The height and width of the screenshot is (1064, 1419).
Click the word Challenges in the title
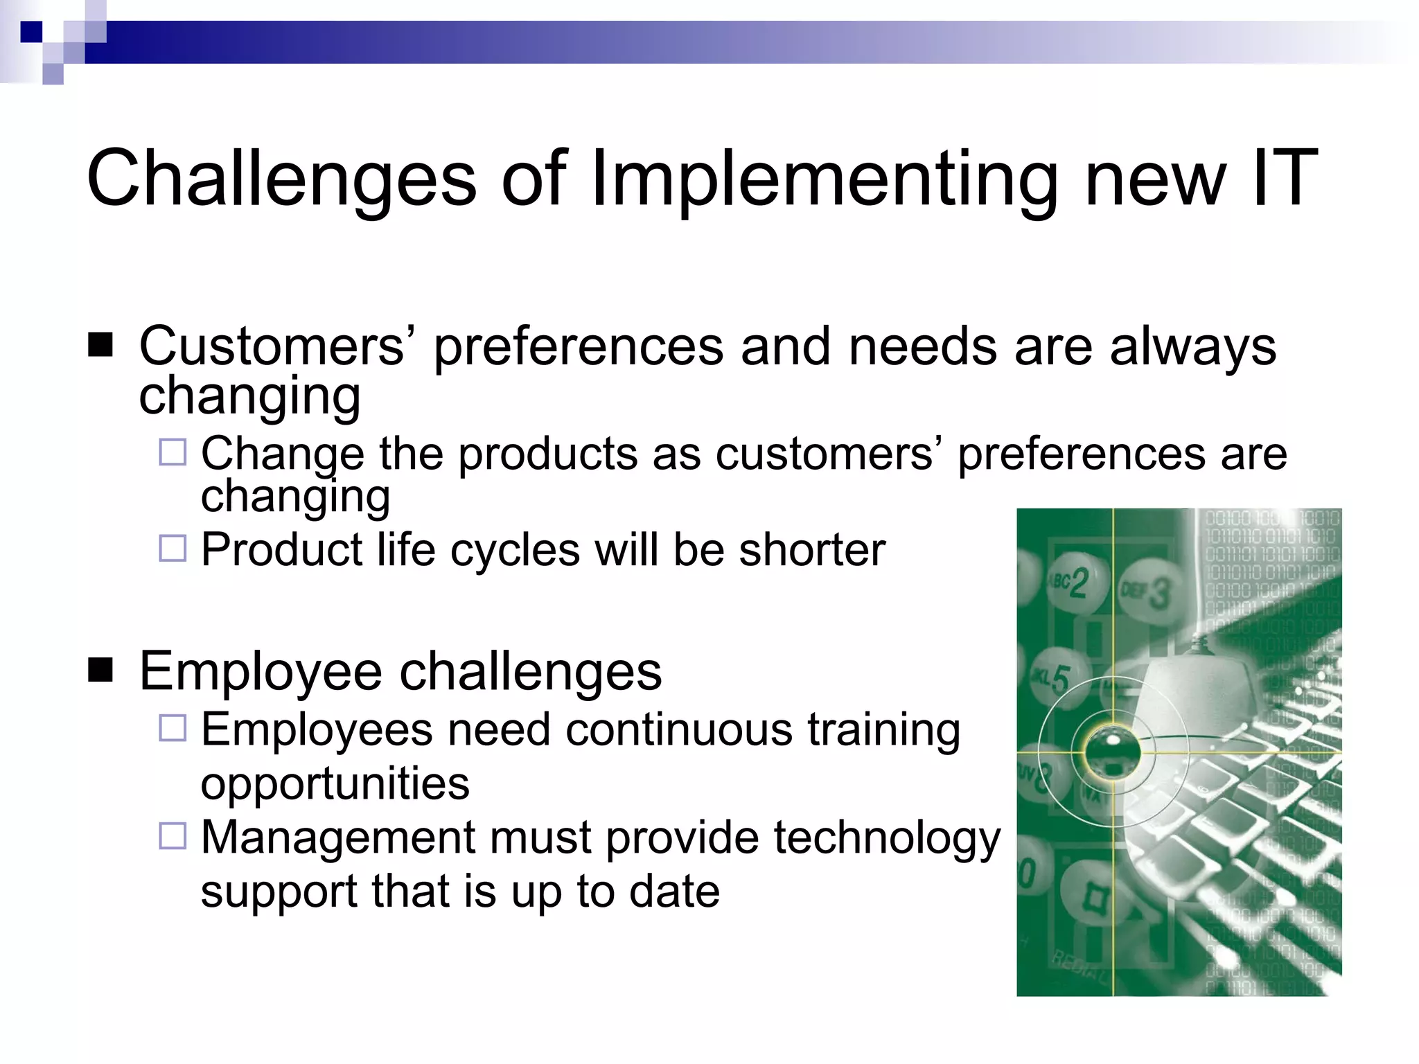281,179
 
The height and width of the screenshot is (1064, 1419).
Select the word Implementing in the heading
824,179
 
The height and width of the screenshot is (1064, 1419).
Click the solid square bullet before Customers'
101,344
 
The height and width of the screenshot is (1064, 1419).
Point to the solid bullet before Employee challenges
101,670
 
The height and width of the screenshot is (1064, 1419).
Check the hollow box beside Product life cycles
173,549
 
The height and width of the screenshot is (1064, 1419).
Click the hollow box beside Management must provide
173,836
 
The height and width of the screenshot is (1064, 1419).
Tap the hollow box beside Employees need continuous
173,728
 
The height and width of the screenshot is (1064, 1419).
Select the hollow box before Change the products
173,452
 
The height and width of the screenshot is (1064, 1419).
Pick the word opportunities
335,784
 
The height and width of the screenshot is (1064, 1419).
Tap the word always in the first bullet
1192,346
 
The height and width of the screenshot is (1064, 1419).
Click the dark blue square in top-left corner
31,32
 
